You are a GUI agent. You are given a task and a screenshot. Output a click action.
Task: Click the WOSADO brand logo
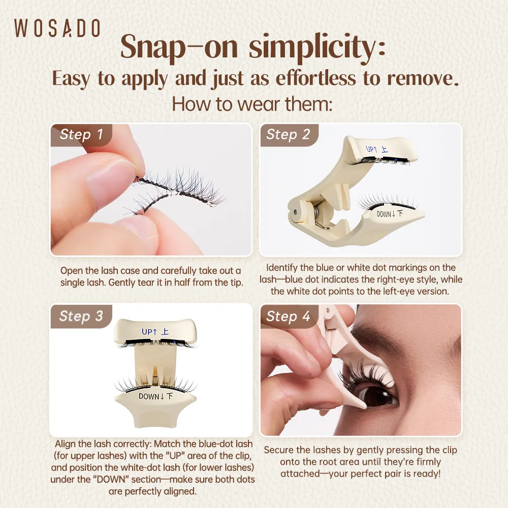57,28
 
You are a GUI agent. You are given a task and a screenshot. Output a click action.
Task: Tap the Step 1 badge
81,135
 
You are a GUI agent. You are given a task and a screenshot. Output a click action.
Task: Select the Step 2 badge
289,135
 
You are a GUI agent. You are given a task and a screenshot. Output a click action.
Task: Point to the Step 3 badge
81,316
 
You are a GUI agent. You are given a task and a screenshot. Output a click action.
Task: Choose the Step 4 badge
289,316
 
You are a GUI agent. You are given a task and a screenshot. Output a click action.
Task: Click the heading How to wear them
252,104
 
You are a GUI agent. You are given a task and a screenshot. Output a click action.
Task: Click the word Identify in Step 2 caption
282,268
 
